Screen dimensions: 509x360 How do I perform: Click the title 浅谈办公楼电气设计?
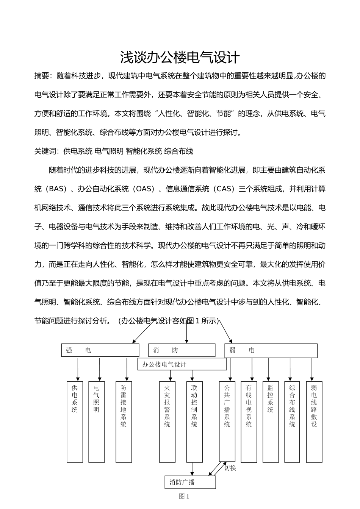point(180,57)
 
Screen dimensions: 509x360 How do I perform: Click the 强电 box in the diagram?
point(100,350)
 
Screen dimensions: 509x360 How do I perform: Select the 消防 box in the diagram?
point(182,350)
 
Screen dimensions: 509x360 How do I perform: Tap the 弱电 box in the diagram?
point(271,351)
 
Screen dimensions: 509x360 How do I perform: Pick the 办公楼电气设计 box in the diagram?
point(182,364)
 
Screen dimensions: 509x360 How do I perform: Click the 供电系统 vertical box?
point(75,422)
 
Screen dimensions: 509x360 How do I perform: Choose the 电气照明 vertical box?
point(96,422)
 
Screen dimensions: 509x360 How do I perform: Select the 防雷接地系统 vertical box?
point(124,422)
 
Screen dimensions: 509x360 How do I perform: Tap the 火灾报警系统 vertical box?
point(167,422)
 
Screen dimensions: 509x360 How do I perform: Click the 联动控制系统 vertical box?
point(194,422)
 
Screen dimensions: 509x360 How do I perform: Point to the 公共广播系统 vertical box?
point(227,422)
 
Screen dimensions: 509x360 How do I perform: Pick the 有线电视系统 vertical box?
point(249,422)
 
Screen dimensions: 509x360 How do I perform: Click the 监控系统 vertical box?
point(270,422)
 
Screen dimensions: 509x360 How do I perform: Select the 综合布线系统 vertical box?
point(292,422)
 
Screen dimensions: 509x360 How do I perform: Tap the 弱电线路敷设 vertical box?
point(314,422)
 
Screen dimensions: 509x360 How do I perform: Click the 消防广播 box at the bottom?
point(190,482)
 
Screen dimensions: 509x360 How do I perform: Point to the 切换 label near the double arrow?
point(230,468)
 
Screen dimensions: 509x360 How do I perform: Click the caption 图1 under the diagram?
point(184,497)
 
